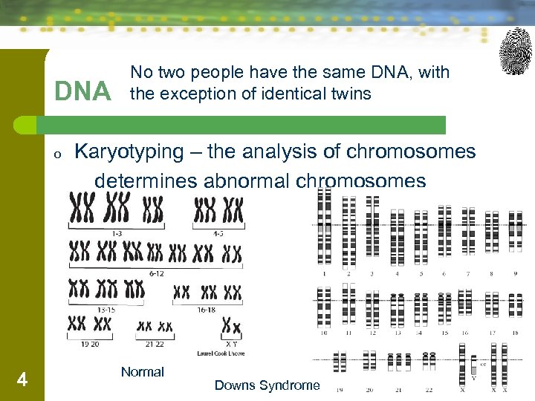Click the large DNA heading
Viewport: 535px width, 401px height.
82,91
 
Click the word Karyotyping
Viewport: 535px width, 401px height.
129,151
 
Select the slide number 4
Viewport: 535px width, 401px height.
22,380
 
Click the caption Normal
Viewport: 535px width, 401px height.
142,372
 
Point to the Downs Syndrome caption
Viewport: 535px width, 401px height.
267,385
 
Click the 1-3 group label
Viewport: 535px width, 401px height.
116,232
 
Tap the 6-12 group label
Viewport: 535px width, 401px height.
156,273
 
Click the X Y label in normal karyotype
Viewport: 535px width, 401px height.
231,344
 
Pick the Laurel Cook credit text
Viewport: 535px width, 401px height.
221,353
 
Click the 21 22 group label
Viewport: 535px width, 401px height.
155,344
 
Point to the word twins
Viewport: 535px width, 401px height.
350,94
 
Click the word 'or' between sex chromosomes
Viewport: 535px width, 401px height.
484,364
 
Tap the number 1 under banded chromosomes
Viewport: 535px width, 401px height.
324,273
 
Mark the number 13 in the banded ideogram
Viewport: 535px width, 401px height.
397,333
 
